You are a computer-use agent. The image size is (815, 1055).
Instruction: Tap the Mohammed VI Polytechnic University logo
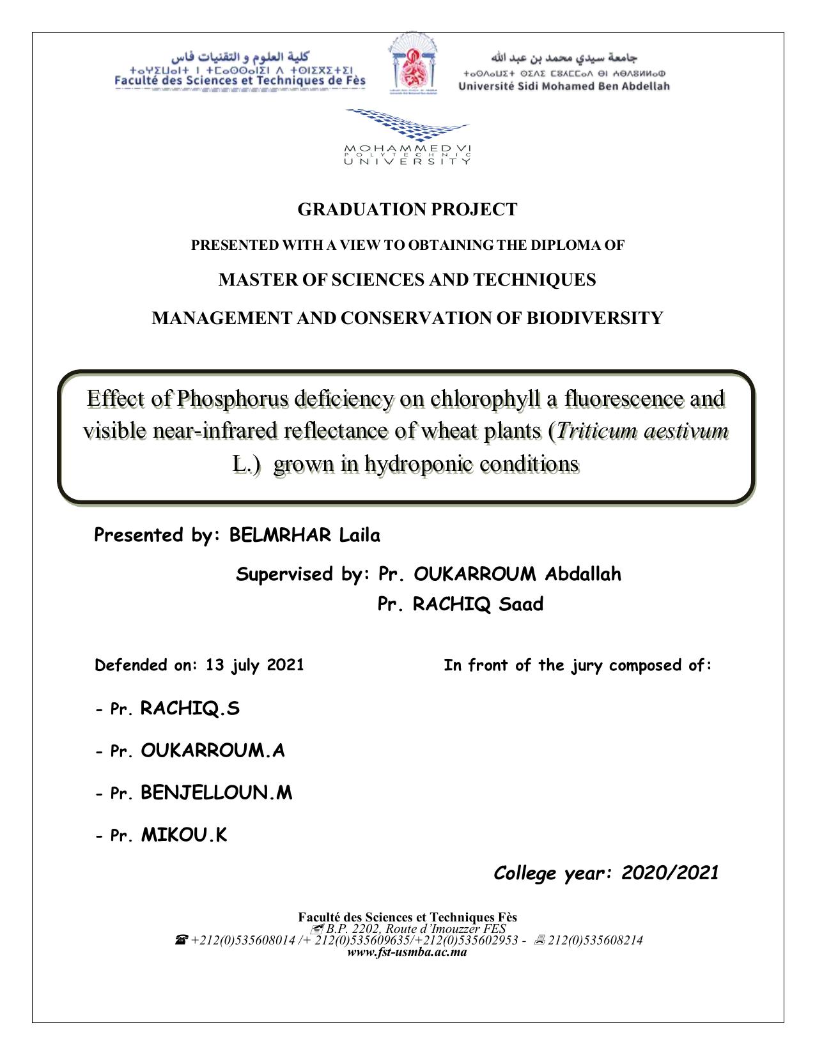pos(407,137)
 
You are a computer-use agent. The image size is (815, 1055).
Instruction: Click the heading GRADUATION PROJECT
pos(407,210)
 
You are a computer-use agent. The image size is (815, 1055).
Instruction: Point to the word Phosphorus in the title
pos(233,399)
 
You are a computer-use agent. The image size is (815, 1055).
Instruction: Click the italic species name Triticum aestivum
pos(642,431)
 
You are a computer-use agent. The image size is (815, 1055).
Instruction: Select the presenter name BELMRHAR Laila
pos(304,535)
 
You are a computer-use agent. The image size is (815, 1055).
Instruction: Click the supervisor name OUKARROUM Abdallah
pos(517,574)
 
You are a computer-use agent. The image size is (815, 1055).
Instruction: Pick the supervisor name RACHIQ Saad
pos(478,604)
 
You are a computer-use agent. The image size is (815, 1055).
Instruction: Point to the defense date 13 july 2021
pos(254,665)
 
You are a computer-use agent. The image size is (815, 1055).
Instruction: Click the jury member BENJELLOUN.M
pos(216,793)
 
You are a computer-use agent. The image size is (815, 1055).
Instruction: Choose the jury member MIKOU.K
pos(184,835)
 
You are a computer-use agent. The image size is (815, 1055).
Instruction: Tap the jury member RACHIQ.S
pos(190,709)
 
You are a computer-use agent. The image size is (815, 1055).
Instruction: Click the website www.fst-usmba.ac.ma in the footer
pos(407,952)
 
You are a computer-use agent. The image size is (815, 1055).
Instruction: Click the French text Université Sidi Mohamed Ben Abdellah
pos(564,86)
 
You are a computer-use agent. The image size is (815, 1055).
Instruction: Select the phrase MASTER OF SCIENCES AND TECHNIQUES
pos(407,280)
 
